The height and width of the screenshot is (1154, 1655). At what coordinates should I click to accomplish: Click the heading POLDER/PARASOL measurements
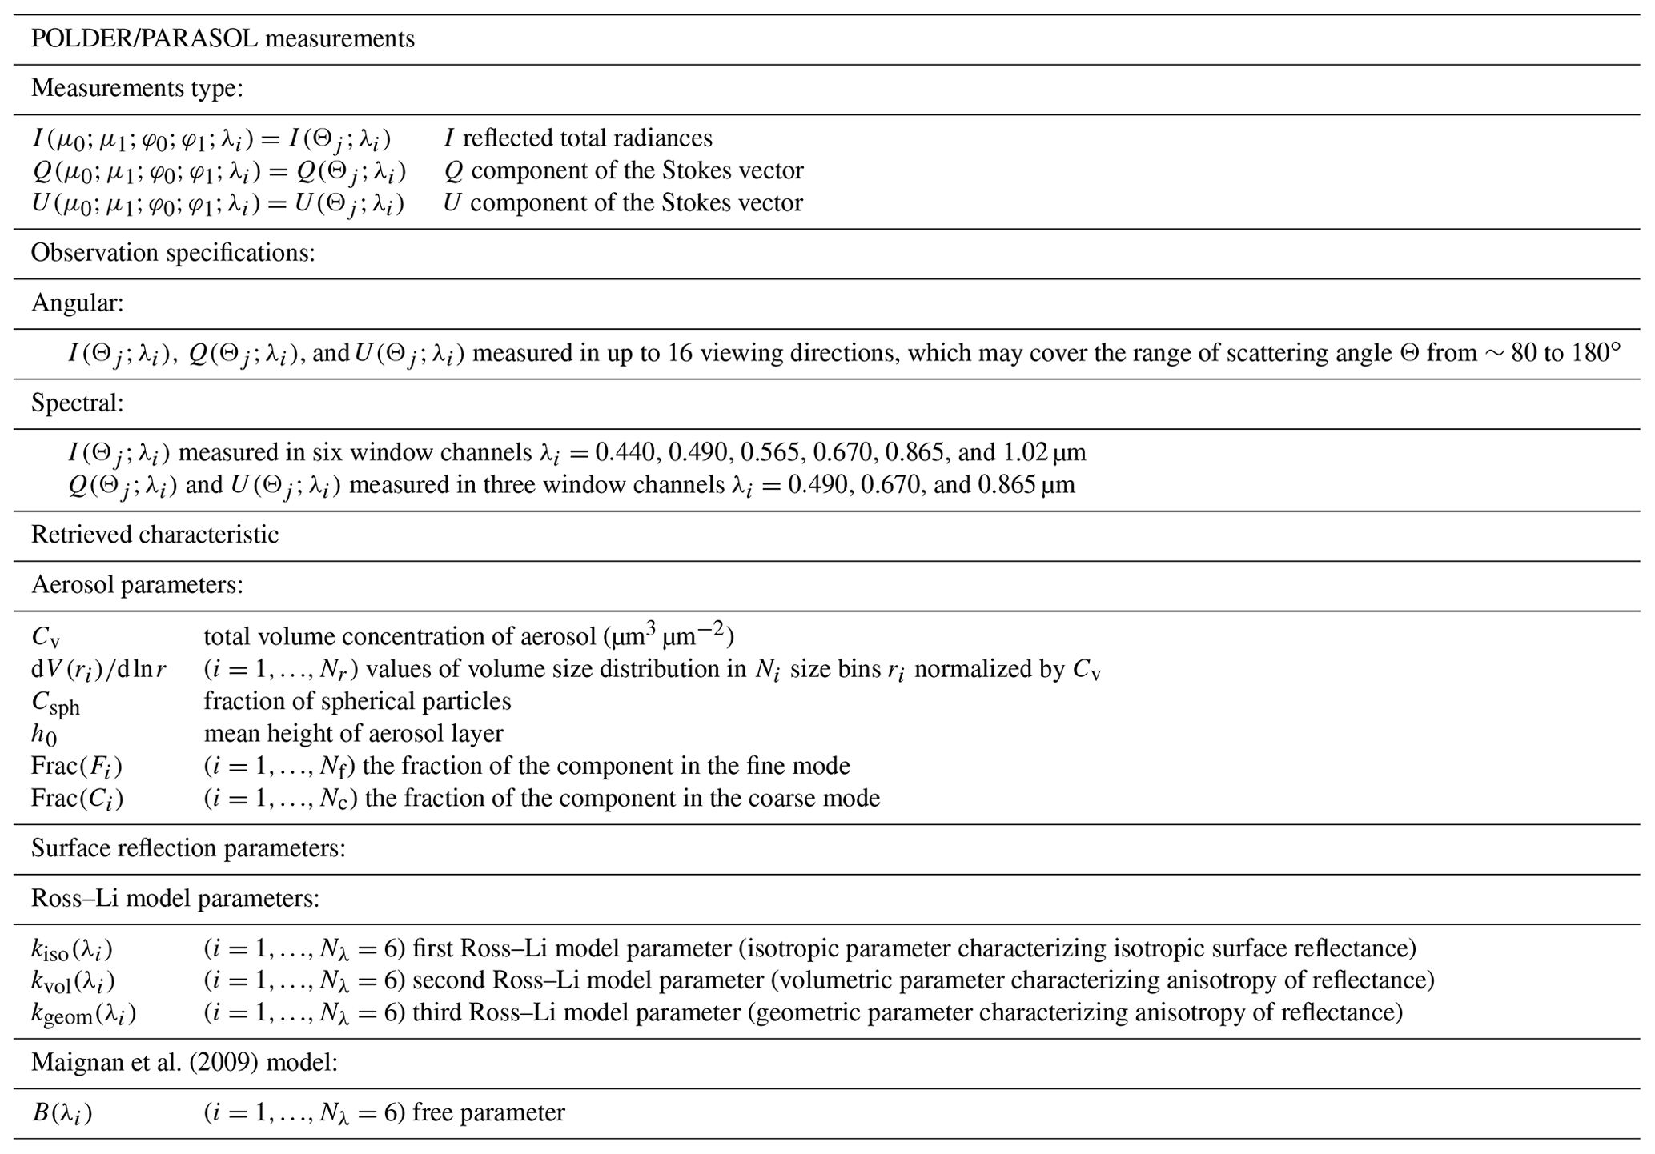click(x=223, y=38)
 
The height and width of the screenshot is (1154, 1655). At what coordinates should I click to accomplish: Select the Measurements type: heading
click(x=137, y=88)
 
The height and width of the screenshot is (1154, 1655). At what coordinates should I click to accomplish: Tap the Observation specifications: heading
click(x=173, y=253)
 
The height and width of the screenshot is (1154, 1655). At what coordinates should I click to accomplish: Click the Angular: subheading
click(x=78, y=303)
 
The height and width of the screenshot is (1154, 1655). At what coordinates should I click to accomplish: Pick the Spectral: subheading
click(x=78, y=403)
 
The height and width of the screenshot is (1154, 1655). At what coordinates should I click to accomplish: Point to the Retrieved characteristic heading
click(x=155, y=535)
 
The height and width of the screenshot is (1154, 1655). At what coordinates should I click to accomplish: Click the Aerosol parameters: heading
click(x=137, y=584)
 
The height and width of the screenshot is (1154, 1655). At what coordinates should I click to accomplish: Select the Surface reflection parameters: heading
click(x=188, y=847)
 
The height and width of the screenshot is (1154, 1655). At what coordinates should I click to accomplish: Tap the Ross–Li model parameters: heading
click(x=175, y=898)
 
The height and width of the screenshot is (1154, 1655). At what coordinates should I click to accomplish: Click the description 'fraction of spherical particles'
click(x=357, y=701)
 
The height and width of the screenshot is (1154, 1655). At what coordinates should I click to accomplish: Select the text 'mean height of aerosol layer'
click(x=353, y=733)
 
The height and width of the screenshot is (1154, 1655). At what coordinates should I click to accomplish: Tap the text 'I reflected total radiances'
click(x=578, y=138)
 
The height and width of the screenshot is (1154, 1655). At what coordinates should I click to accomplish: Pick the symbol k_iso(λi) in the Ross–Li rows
click(x=72, y=949)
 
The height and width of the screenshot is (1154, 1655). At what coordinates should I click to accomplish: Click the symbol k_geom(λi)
click(x=83, y=1014)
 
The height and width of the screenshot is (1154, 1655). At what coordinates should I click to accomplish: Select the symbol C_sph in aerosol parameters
click(x=55, y=703)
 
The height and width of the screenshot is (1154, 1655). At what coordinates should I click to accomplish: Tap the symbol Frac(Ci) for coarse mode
click(x=77, y=799)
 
